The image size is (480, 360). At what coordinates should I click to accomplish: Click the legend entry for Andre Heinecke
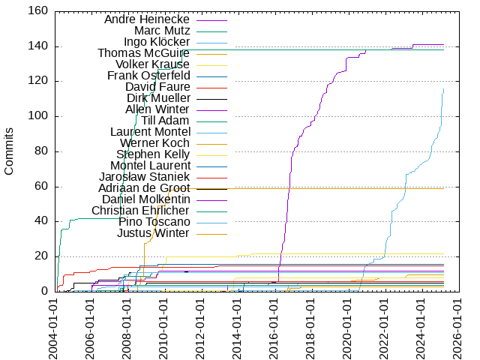click(147, 19)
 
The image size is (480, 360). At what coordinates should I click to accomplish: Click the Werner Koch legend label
click(155, 143)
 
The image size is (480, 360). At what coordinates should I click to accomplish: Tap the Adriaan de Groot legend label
click(144, 188)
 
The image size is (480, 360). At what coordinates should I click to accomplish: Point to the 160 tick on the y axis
click(39, 11)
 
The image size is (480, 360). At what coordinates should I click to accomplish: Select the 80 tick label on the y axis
click(42, 151)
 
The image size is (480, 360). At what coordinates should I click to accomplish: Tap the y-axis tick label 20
click(42, 256)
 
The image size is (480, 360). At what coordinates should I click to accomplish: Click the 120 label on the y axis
click(39, 82)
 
